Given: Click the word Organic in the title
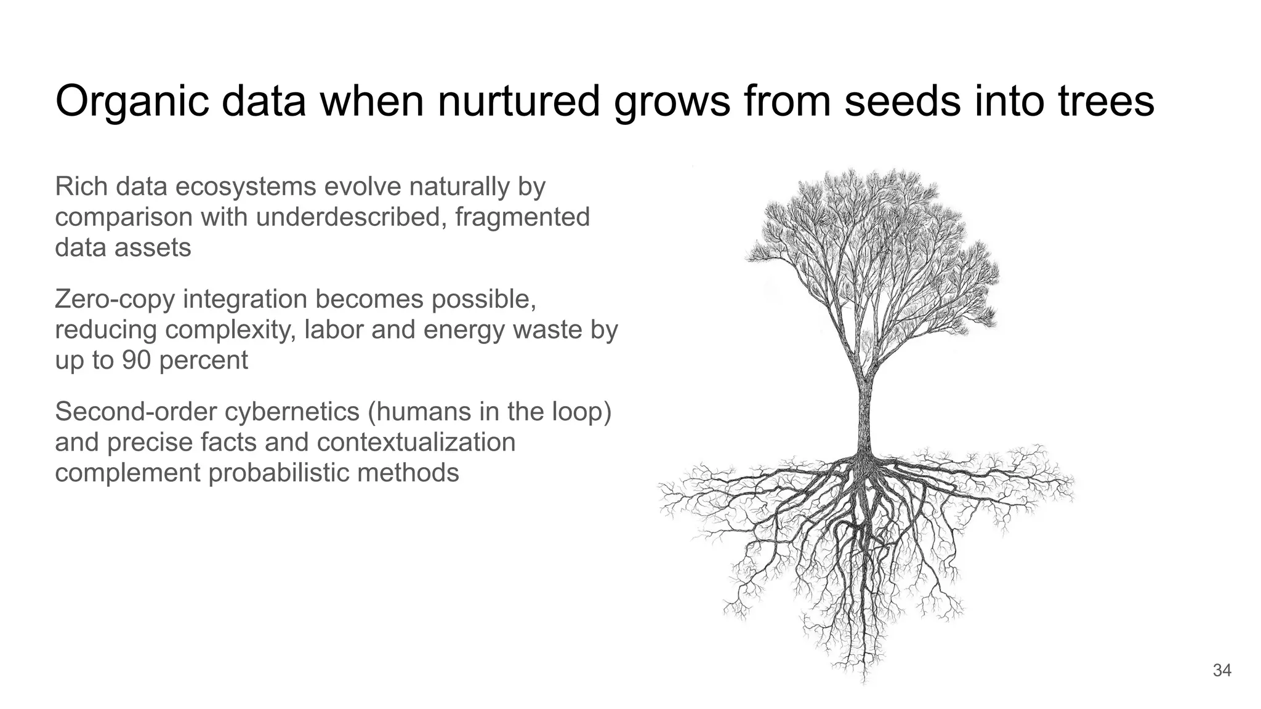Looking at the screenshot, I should (131, 102).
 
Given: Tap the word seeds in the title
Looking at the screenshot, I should (902, 102).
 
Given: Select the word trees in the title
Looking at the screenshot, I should (1106, 102).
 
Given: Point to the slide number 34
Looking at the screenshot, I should (1222, 670).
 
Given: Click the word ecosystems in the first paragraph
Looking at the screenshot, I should (246, 186).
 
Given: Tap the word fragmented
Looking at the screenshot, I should (522, 217).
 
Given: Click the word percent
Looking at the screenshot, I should (204, 361).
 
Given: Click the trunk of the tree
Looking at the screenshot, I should (864, 412).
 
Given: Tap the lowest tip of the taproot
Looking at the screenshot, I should (864, 681).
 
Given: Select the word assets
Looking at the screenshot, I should (157, 248).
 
